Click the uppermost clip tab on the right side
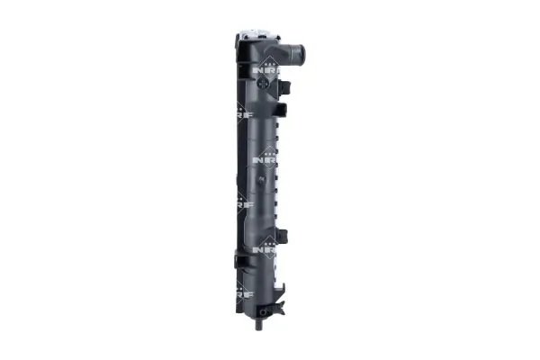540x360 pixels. coord(286,87)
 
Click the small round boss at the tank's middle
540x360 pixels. coord(262,181)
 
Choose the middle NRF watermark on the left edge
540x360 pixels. coord(241,205)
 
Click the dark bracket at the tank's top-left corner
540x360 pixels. coord(241,45)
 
